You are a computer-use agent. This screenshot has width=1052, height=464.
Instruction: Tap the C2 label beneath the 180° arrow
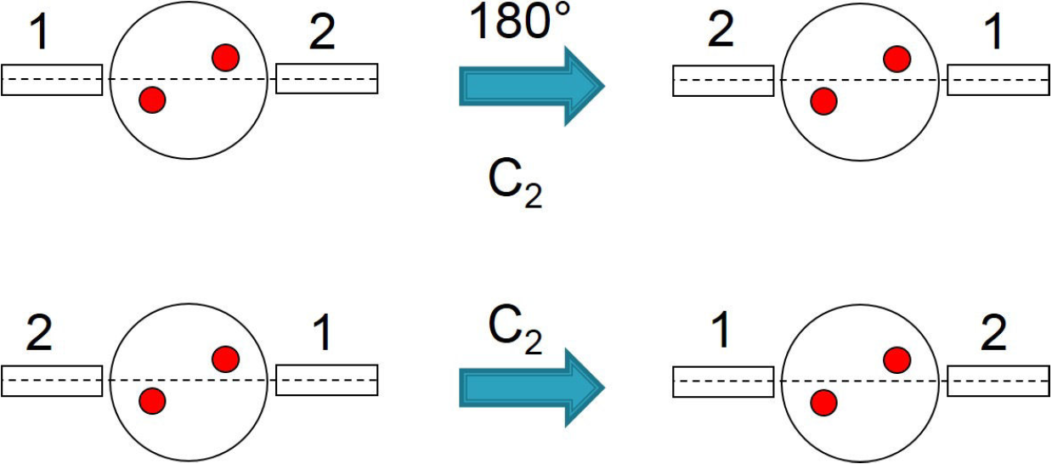pyautogui.click(x=512, y=184)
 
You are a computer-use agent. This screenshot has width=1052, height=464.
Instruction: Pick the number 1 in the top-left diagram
pyautogui.click(x=40, y=34)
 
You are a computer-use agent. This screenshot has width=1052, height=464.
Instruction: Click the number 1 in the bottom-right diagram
pyautogui.click(x=721, y=333)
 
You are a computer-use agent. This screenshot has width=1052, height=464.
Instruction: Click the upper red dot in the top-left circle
pyautogui.click(x=225, y=58)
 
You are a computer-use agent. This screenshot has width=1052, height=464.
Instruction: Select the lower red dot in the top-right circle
pyautogui.click(x=823, y=101)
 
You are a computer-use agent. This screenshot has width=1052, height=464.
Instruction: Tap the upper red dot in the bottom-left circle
pyautogui.click(x=225, y=359)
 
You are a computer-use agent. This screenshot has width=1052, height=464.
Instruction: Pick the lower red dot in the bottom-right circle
pyautogui.click(x=823, y=402)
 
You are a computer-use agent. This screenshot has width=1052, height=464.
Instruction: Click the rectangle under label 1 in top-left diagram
pyautogui.click(x=52, y=79)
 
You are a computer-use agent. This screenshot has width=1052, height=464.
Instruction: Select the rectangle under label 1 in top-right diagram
pyautogui.click(x=998, y=79)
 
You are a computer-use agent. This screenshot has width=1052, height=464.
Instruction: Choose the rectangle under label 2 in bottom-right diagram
pyautogui.click(x=998, y=381)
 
